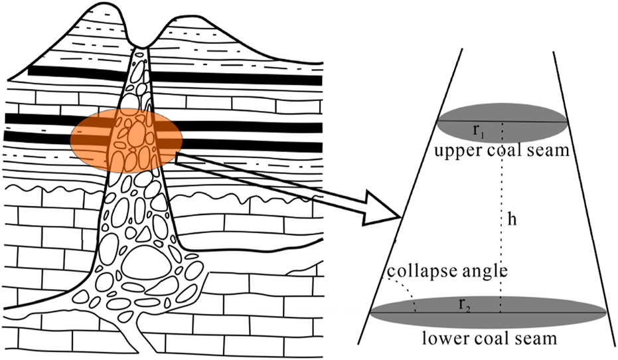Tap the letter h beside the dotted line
512,221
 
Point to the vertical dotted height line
501,199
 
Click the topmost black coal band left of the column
73,71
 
